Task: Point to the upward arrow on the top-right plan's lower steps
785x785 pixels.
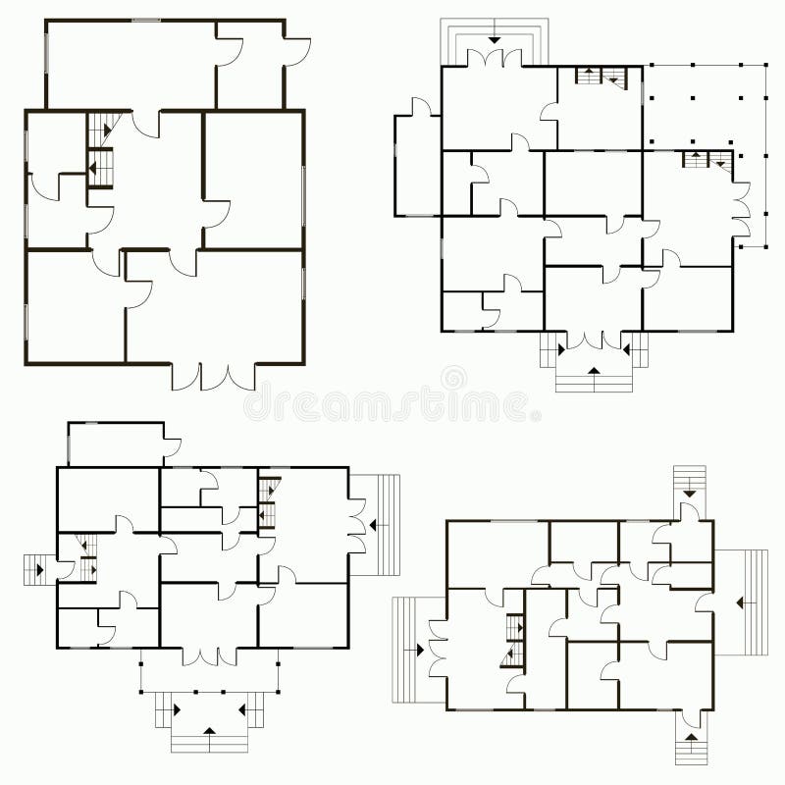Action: pos(593,370)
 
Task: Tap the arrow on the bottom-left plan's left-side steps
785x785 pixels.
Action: pos(39,567)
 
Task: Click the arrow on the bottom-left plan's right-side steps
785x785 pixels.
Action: pos(374,525)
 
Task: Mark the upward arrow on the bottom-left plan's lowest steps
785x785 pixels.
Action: pos(208,730)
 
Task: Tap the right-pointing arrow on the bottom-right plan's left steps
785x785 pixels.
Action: pos(419,649)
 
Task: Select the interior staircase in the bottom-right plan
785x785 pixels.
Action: pos(513,642)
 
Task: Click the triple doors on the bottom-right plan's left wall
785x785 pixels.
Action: pos(438,650)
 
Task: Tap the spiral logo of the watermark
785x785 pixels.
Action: pos(453,377)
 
